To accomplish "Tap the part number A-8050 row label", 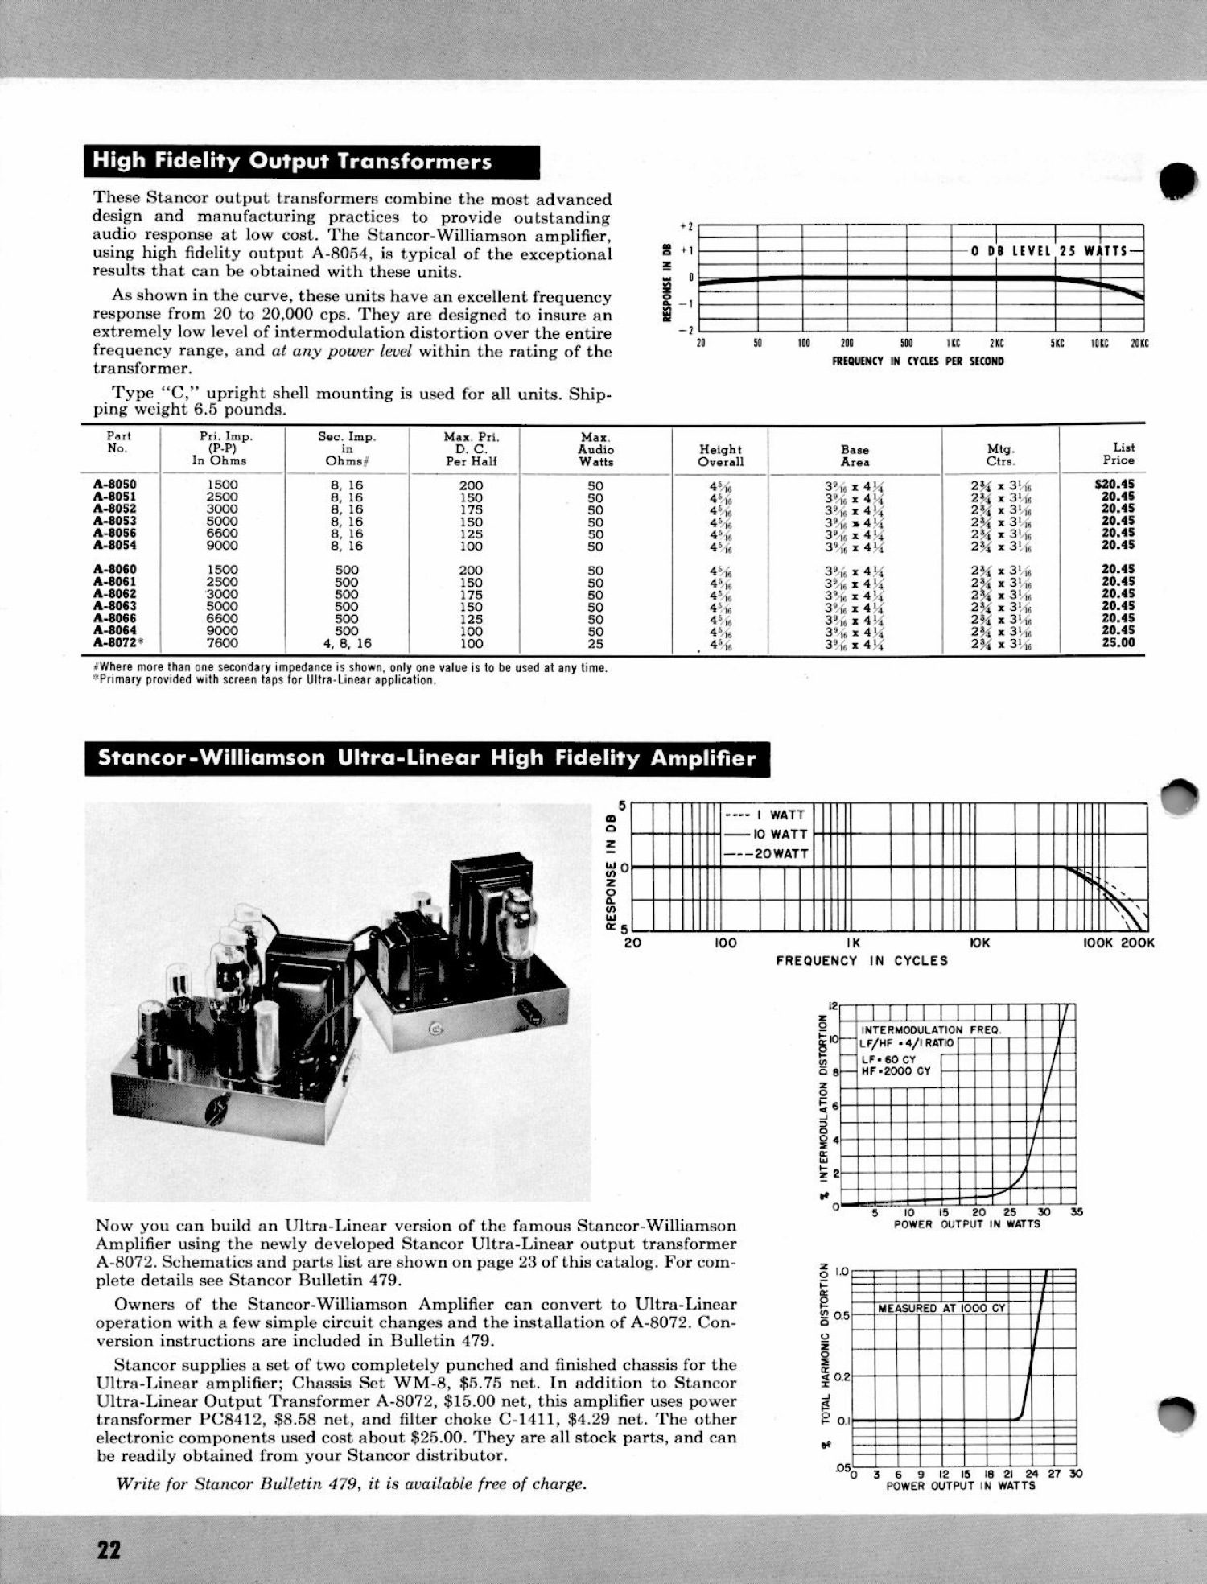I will coord(114,485).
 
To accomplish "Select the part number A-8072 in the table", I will coord(114,643).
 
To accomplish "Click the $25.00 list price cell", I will coord(1118,642).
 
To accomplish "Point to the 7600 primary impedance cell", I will coord(222,643).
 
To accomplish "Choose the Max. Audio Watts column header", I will coord(595,449).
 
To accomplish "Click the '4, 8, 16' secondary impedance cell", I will coord(347,643).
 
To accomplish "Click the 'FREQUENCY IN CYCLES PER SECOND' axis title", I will coord(918,361).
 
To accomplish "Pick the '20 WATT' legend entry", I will coord(768,853).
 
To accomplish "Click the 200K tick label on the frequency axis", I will coord(1138,943).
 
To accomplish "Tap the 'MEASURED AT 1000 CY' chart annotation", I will coord(941,1308).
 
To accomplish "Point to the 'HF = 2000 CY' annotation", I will coord(896,1071).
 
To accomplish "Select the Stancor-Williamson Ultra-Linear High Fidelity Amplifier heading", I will coord(427,758).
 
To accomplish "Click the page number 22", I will coord(109,1549).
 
